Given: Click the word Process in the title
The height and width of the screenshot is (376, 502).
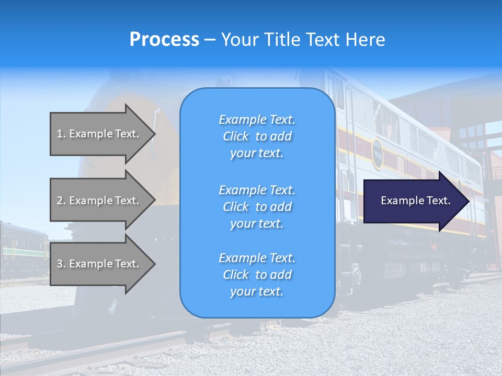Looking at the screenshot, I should click(x=164, y=40).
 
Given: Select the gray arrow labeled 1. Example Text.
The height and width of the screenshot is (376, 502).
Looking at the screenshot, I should click(x=99, y=134).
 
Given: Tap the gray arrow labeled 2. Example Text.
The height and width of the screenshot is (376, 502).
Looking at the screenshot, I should click(x=99, y=201).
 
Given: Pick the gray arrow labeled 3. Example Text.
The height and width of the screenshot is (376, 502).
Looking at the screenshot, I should click(x=99, y=264).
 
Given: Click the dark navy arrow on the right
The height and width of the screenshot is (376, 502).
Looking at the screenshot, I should click(x=413, y=201).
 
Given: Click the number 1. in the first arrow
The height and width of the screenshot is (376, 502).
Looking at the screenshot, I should click(x=61, y=134).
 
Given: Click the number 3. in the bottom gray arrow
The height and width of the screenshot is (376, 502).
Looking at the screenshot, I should click(x=61, y=264).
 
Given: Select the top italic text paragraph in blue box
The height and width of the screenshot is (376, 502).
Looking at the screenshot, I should click(x=257, y=136).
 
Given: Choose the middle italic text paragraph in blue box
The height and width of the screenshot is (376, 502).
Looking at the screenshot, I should click(x=257, y=207).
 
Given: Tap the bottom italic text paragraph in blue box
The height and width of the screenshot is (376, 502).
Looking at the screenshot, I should click(x=257, y=275).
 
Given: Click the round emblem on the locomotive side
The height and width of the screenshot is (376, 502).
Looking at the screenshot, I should click(x=377, y=154).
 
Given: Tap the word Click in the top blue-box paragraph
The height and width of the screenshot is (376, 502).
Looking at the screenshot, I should click(x=235, y=137).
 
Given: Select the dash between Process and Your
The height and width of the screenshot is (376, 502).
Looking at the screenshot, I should click(x=210, y=40).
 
